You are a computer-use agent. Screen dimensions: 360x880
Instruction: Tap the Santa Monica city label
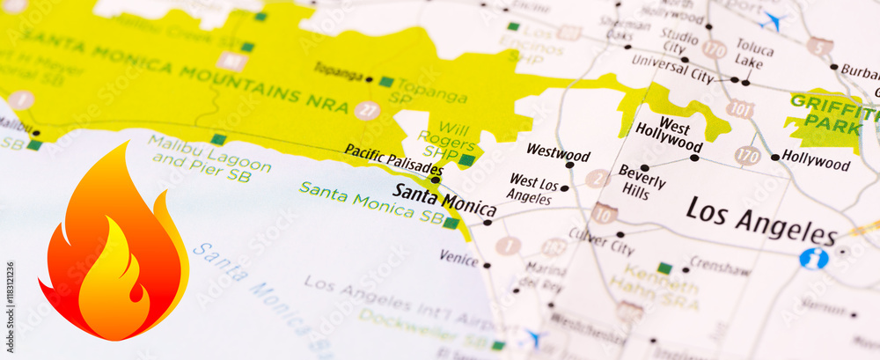pyautogui.click(x=444, y=200)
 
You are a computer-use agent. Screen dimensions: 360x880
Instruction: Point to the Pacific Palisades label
pyautogui.click(x=392, y=158)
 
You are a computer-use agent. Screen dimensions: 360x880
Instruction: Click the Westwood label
pyautogui.click(x=558, y=154)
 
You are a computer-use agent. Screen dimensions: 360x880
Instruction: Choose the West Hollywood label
pyautogui.click(x=669, y=136)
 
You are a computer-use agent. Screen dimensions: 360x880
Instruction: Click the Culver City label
pyautogui.click(x=601, y=240)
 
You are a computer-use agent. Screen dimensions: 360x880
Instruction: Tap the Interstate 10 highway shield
pyautogui.click(x=604, y=213)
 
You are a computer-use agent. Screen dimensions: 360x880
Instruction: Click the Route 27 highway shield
pyautogui.click(x=368, y=111)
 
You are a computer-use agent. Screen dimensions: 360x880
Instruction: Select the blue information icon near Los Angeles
pyautogui.click(x=814, y=258)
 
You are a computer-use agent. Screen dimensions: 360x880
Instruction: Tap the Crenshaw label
pyautogui.click(x=720, y=267)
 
